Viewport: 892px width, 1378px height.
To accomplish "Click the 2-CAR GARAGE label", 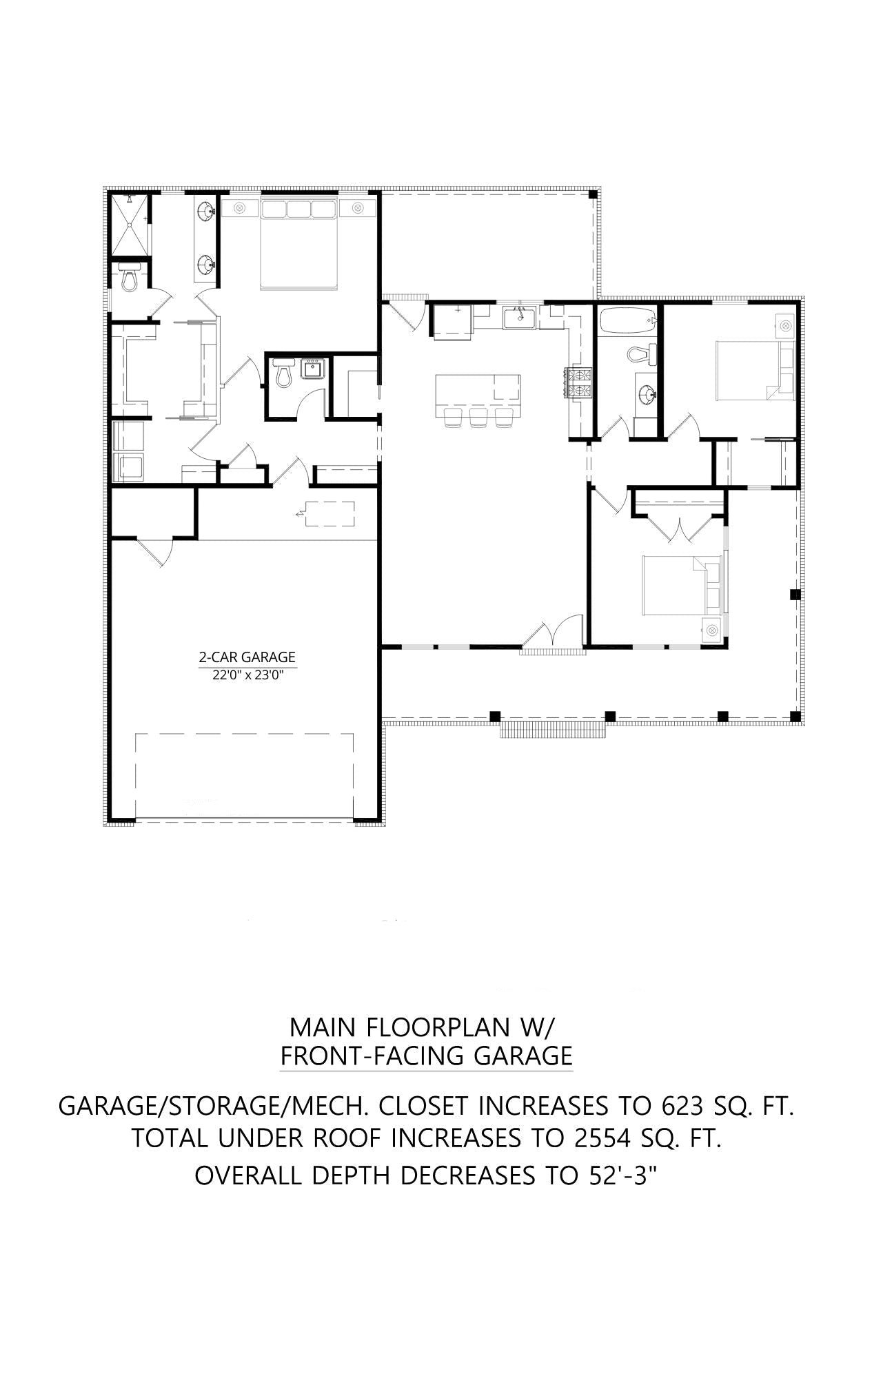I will [247, 657].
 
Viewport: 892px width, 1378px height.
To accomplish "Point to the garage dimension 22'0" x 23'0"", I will [247, 676].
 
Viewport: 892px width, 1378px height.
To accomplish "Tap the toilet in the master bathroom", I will [129, 279].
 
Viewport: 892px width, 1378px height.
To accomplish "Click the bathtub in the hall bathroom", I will [627, 320].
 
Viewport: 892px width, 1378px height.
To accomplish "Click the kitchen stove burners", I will [579, 383].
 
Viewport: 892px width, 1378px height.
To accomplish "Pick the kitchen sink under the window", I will [520, 318].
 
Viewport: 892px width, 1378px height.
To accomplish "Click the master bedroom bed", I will [299, 245].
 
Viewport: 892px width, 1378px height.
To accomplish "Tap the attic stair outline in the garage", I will [327, 514].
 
